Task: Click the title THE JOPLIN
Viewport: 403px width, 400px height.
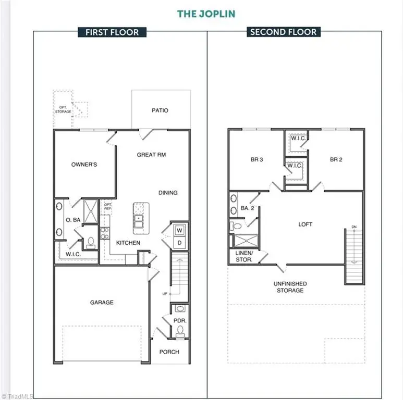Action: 206,14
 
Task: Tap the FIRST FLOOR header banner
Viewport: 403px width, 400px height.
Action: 112,32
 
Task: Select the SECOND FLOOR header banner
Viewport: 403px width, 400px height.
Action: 284,32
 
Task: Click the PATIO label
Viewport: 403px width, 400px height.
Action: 160,110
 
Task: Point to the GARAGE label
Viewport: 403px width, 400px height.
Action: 102,303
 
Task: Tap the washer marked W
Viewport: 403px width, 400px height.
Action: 179,230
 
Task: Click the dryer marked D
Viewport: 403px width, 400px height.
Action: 179,243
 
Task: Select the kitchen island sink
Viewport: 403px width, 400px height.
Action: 138,221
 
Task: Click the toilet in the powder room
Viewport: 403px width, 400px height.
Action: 180,331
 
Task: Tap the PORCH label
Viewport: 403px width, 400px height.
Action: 169,352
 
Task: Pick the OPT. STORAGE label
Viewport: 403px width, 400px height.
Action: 63,109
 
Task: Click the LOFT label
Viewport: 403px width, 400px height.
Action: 306,224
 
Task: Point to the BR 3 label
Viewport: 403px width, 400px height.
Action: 257,159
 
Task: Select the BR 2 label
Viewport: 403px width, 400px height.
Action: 336,159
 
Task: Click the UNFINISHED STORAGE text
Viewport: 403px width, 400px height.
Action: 290,287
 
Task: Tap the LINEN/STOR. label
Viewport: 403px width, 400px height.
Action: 244,256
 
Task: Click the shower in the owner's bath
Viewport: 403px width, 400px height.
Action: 91,211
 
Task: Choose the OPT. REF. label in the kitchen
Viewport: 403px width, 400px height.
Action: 108,206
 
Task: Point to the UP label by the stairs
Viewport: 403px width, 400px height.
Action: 165,294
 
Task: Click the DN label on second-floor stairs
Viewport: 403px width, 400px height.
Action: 354,227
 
